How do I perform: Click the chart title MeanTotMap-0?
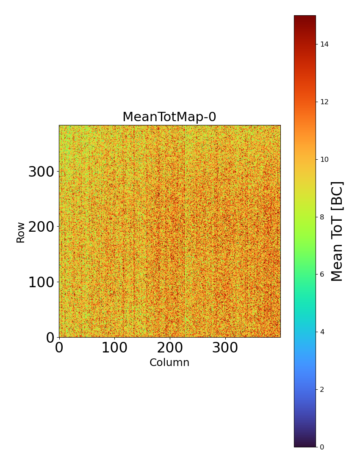169,117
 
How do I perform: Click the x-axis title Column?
169,363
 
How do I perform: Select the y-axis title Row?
21,232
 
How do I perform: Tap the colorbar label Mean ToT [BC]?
337,231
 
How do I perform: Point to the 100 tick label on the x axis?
114,348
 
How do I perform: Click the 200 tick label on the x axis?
169,348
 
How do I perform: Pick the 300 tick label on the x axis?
225,348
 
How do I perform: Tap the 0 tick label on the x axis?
59,348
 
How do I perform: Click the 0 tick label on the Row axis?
50,338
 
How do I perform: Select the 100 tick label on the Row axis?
42,283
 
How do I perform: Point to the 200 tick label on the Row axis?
42,227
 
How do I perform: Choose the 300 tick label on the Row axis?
42,172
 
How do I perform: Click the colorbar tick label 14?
325,44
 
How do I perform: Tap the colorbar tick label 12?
325,102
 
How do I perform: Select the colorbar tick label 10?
325,159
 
